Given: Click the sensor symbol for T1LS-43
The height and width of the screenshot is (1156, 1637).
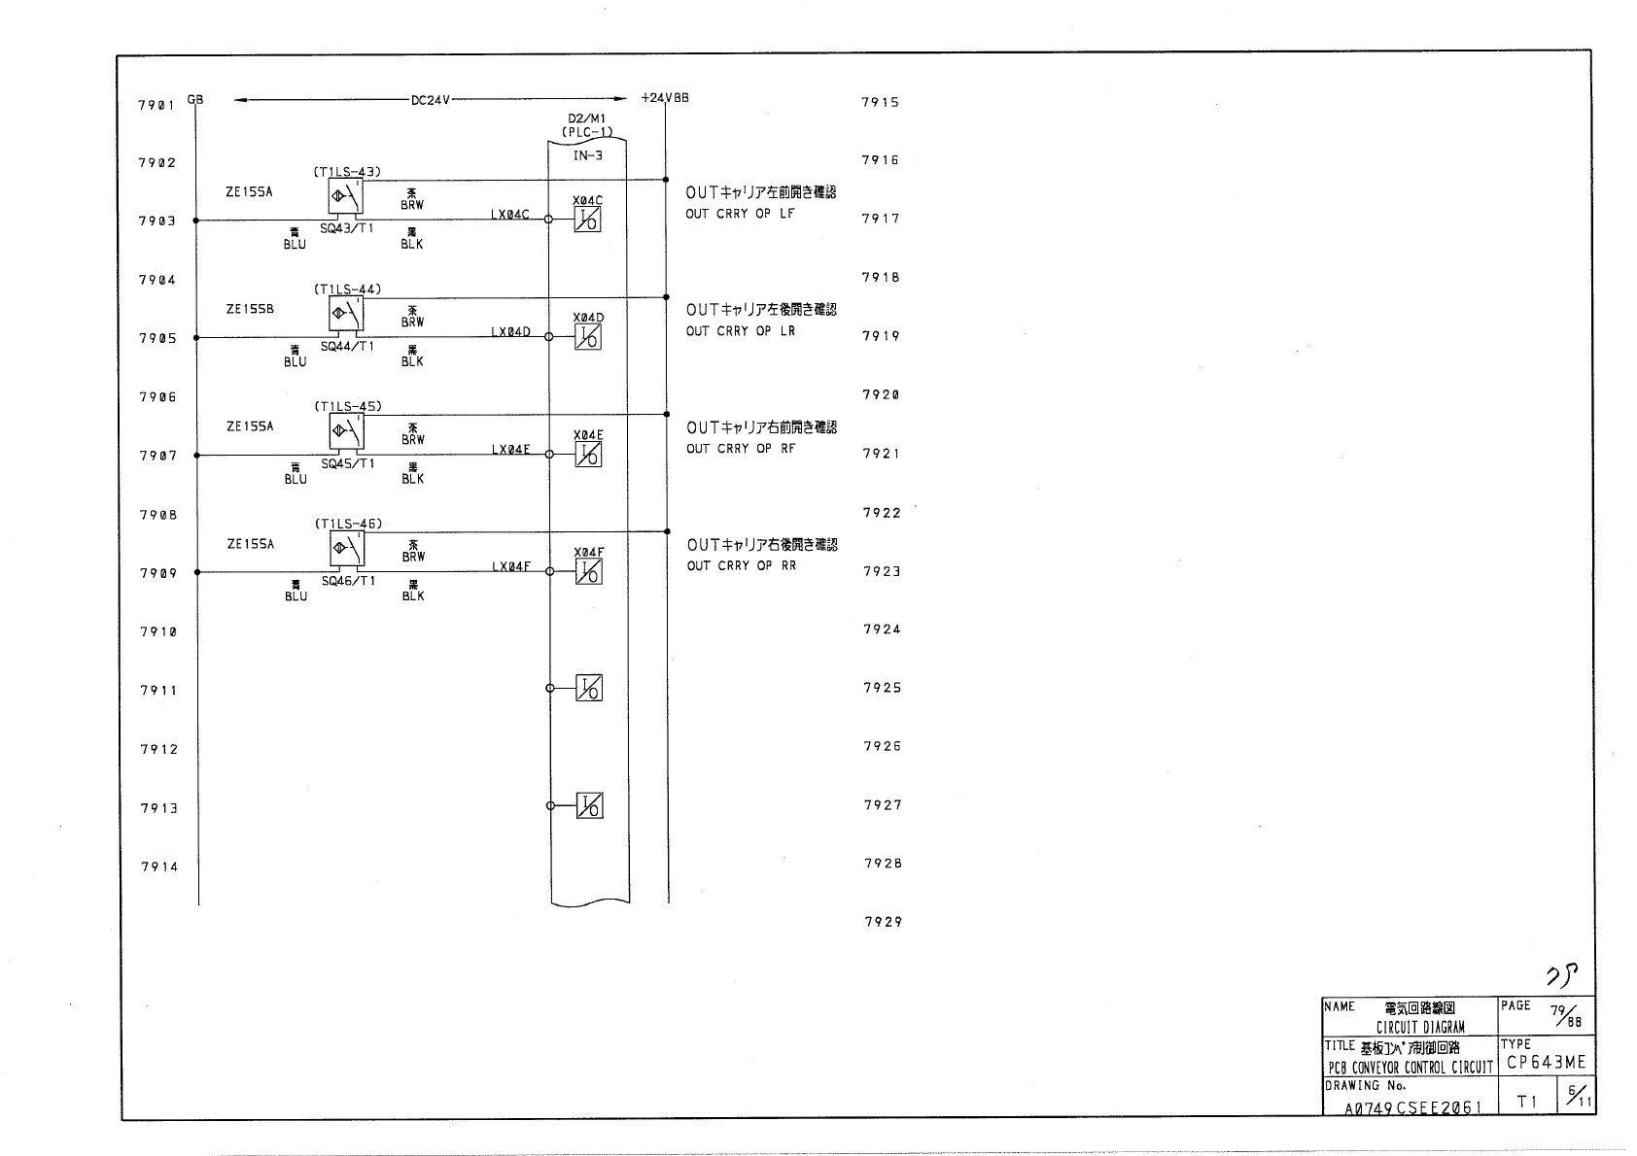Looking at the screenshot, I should pyautogui.click(x=346, y=197).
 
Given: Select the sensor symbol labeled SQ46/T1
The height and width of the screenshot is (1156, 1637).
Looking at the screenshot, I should pyautogui.click(x=346, y=550).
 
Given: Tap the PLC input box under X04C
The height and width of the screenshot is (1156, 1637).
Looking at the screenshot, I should pyautogui.click(x=588, y=221).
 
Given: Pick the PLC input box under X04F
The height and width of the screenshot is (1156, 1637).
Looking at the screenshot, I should pyautogui.click(x=588, y=572).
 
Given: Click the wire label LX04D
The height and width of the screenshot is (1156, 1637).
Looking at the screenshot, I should pyautogui.click(x=511, y=332).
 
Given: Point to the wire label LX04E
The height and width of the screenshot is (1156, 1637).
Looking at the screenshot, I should pyautogui.click(x=511, y=450).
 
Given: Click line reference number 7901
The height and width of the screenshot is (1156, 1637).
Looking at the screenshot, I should pyautogui.click(x=156, y=105).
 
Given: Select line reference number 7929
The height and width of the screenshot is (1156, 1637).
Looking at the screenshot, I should pyautogui.click(x=883, y=922).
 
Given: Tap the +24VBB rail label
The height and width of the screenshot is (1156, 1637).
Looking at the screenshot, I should pyautogui.click(x=665, y=98).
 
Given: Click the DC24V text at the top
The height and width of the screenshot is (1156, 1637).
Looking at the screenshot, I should pyautogui.click(x=432, y=99).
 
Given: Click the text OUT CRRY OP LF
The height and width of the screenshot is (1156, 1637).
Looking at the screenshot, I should pyautogui.click(x=740, y=214).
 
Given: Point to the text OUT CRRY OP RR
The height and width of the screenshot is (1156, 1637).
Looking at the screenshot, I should pyautogui.click(x=742, y=565).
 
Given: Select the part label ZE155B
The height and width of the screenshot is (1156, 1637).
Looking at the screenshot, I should pyautogui.click(x=250, y=309).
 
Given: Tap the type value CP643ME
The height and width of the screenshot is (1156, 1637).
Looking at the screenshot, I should pyautogui.click(x=1546, y=1063).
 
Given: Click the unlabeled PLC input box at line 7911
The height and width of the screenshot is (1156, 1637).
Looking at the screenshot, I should pyautogui.click(x=588, y=689).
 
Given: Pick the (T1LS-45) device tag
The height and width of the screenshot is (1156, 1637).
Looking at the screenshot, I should pyautogui.click(x=348, y=406).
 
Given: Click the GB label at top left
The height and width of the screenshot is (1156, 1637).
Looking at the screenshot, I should pyautogui.click(x=195, y=99).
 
